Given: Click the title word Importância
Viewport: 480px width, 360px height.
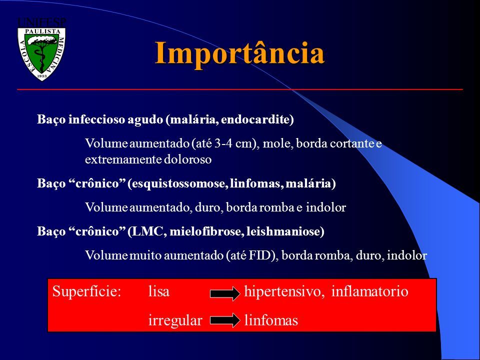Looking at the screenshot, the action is pyautogui.click(x=239, y=53).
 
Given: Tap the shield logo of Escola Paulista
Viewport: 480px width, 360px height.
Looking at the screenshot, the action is pyautogui.click(x=41, y=54).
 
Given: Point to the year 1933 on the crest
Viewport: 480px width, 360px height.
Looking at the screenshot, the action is pyautogui.click(x=42, y=75).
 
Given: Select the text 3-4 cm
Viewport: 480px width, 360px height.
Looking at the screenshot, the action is pyautogui.click(x=235, y=143).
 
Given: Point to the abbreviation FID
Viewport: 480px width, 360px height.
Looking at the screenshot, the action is pyautogui.click(x=260, y=255).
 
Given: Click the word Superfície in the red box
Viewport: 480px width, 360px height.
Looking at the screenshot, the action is pyautogui.click(x=86, y=291).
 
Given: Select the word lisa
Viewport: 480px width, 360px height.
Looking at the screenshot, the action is pyautogui.click(x=159, y=291).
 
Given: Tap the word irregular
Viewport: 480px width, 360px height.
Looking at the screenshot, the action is pyautogui.click(x=175, y=320).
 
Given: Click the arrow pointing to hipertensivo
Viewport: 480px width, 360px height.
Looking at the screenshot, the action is pyautogui.click(x=225, y=294).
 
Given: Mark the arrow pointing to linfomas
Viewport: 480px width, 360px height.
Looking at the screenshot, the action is pyautogui.click(x=225, y=320).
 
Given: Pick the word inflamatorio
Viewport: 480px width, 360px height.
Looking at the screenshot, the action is pyautogui.click(x=370, y=291).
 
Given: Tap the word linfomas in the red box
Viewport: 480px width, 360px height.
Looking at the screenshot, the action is pyautogui.click(x=271, y=320).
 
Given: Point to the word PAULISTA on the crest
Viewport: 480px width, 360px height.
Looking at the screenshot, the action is pyautogui.click(x=42, y=31).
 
